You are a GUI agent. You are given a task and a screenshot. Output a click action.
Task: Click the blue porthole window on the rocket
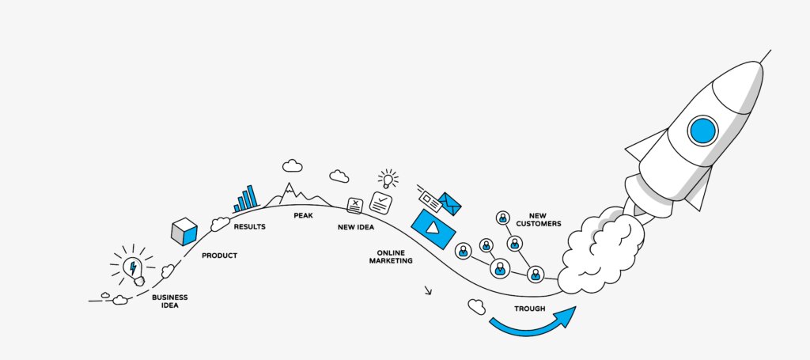coord(702,130)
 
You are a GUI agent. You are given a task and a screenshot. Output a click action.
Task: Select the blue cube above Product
coord(184,231)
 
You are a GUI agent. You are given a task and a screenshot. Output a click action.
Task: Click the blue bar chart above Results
coord(247,199)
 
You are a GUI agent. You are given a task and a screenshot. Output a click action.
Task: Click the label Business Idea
coord(169,301)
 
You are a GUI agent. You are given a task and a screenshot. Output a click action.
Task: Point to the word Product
coord(219,256)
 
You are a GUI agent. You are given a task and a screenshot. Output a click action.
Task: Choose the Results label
coord(249,227)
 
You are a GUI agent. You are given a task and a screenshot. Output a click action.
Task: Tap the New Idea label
coord(356,227)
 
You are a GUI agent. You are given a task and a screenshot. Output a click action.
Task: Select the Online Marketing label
coord(391,256)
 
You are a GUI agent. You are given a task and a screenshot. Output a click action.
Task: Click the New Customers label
coord(538,218)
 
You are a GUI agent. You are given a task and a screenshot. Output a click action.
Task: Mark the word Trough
coord(529,308)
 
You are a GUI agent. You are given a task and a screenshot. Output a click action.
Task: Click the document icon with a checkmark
coord(381,203)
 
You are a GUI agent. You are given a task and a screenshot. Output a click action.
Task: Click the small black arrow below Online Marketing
coord(428,290)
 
